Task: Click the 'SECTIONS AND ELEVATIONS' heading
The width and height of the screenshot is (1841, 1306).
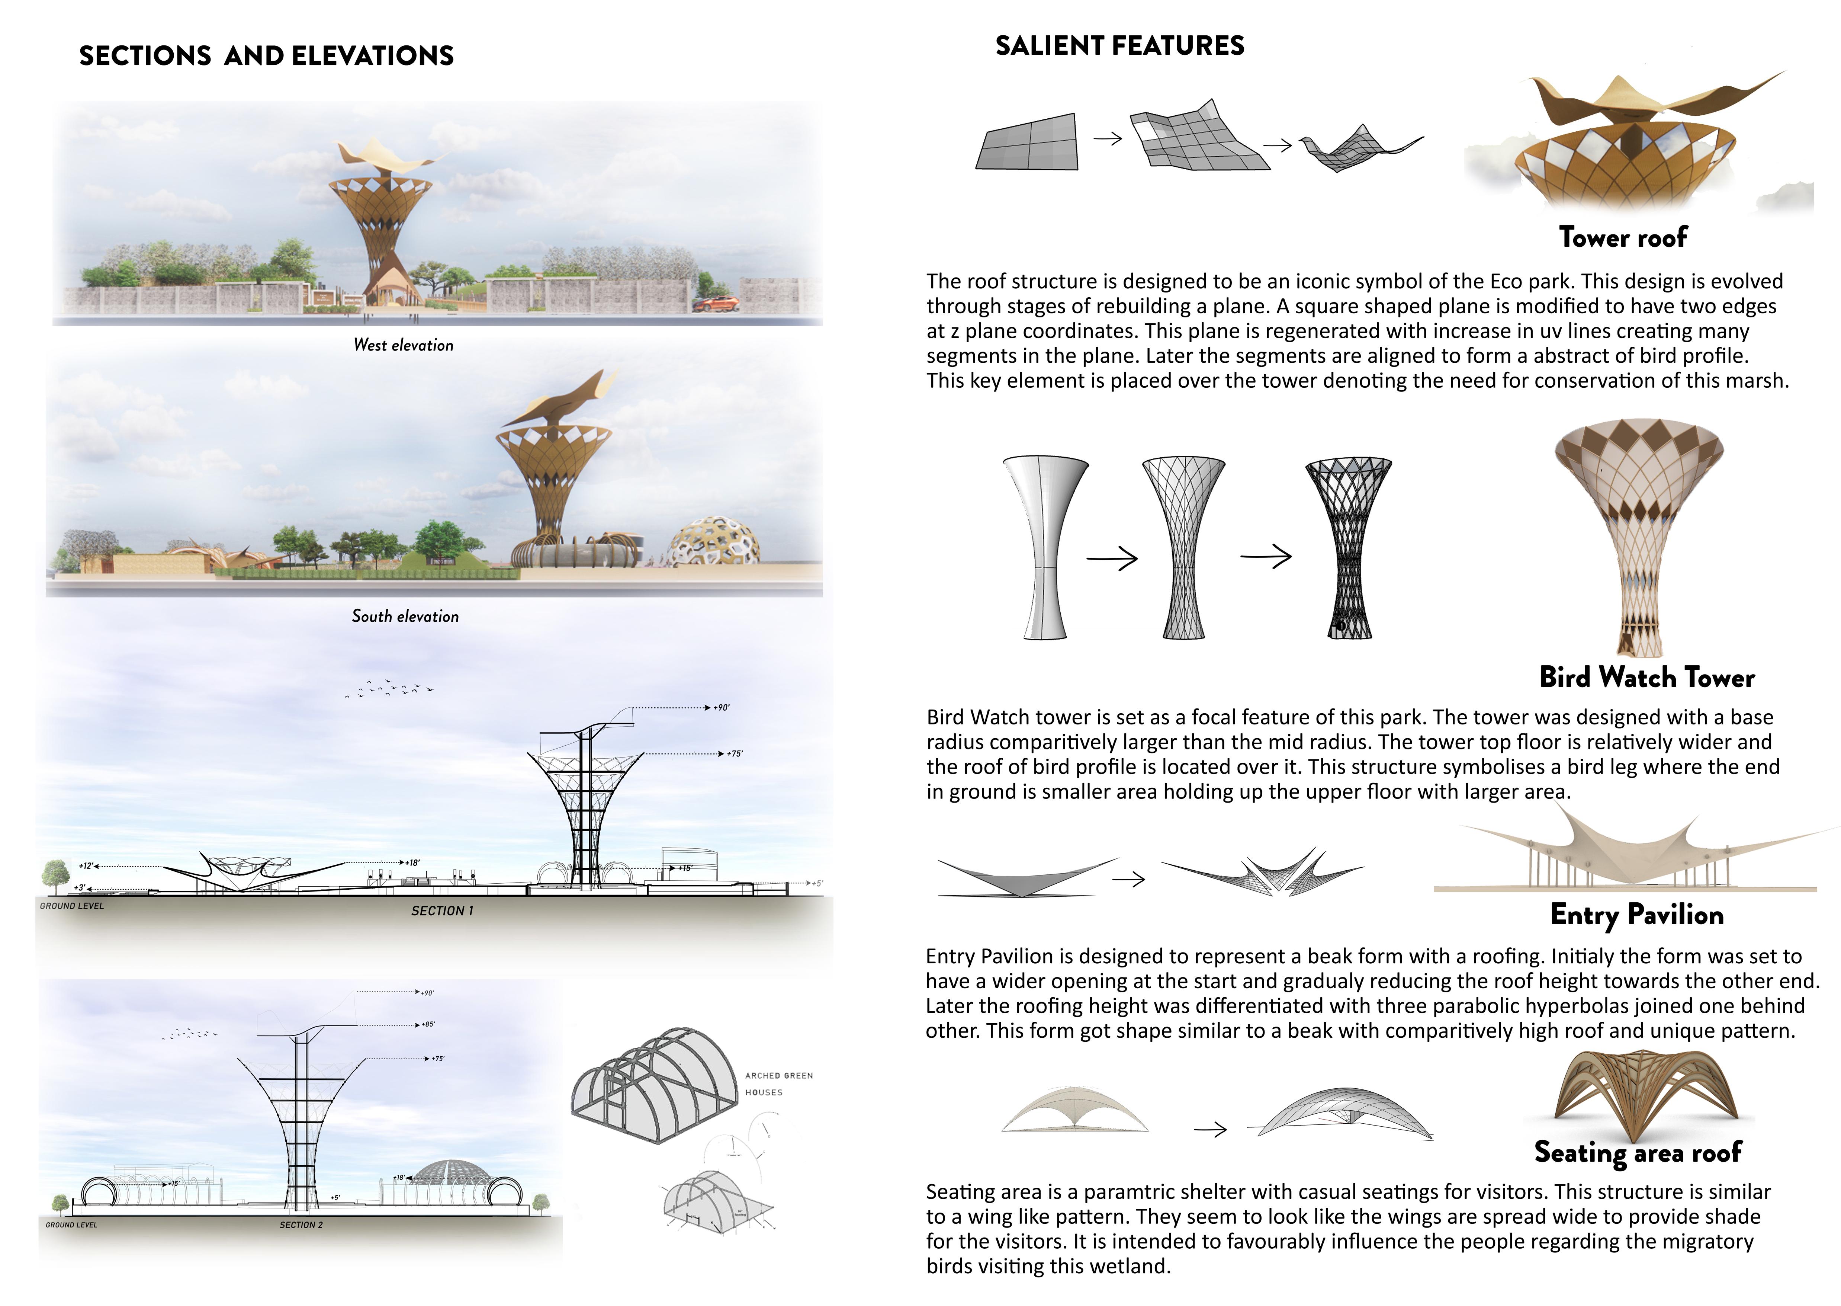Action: click(266, 55)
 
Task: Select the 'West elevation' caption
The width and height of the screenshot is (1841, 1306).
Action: click(404, 345)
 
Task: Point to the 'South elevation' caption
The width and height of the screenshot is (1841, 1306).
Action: click(405, 616)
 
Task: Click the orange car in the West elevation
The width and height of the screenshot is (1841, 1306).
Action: click(715, 304)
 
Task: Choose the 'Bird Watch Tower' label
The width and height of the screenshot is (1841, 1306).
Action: click(1646, 677)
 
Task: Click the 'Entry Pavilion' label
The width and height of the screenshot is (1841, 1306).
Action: click(1637, 914)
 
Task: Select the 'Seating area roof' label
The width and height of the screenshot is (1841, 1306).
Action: click(1638, 1152)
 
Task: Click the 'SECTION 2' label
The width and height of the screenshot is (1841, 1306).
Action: click(302, 1225)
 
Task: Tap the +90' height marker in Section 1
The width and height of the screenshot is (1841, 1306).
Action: click(721, 708)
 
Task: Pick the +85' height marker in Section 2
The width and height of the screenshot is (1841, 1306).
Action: click(428, 1025)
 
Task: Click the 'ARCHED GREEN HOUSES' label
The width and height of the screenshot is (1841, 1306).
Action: click(778, 1083)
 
